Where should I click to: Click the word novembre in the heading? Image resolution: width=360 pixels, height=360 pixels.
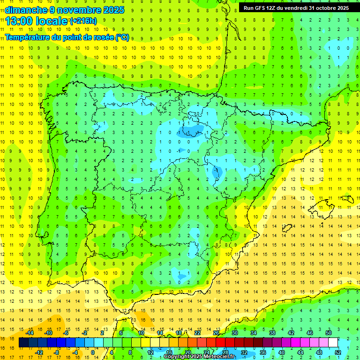78,10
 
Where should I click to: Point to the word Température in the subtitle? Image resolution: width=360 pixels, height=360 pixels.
26,37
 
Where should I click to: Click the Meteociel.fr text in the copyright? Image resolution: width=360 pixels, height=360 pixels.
219,357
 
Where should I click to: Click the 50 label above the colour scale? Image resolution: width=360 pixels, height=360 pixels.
329,333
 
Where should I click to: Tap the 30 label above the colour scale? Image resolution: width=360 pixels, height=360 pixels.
235,333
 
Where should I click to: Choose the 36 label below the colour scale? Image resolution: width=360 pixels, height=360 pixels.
263,352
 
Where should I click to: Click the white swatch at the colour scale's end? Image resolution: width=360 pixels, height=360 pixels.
333,343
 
